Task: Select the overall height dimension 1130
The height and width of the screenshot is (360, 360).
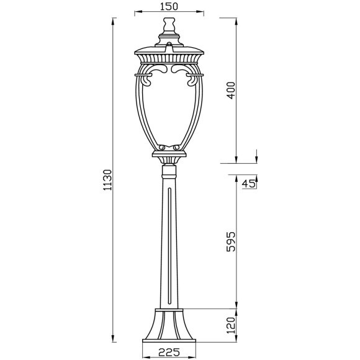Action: [x=106, y=180]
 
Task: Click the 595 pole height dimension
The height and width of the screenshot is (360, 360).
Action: [x=231, y=242]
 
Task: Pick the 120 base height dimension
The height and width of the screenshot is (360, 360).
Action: [x=231, y=325]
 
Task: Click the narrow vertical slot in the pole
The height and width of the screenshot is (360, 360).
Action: [x=169, y=248]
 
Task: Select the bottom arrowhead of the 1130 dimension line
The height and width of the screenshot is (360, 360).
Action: [x=113, y=340]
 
